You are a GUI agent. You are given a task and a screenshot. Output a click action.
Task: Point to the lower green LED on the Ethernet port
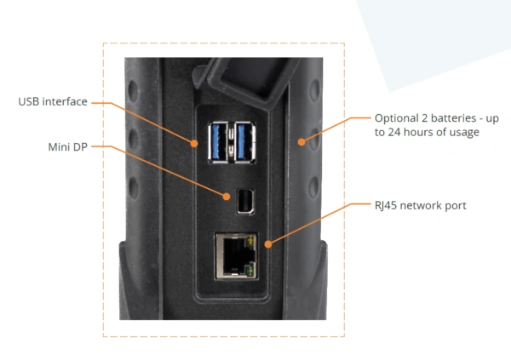click(250, 271)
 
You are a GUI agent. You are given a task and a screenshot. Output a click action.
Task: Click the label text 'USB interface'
click(52, 102)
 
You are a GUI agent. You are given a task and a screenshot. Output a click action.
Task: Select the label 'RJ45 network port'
click(420, 205)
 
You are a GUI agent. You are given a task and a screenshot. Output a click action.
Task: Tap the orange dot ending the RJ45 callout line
click(269, 243)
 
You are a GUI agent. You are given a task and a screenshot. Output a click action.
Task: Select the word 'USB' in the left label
click(29, 102)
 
